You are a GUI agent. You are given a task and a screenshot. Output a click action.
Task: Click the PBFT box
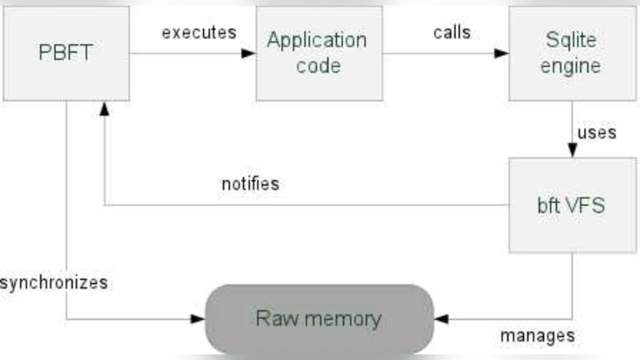(66, 53)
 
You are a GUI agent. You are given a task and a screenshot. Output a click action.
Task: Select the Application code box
(318, 53)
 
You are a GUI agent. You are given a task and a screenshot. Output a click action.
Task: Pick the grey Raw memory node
(318, 319)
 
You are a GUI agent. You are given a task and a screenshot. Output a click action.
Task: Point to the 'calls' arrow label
(452, 33)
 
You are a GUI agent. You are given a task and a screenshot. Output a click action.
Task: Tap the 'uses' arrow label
(596, 132)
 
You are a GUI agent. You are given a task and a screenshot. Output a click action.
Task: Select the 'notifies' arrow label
(250, 183)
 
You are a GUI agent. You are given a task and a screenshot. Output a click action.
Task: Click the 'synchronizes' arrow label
(54, 282)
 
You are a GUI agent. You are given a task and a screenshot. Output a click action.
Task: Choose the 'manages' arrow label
(538, 335)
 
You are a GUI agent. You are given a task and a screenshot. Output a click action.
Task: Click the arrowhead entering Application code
(249, 54)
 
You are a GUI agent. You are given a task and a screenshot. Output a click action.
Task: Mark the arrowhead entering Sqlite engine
(502, 54)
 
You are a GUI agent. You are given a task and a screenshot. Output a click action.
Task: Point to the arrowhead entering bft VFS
(572, 150)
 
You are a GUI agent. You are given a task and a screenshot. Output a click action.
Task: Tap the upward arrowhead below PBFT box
(105, 108)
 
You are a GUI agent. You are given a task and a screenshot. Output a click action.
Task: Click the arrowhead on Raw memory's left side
(198, 319)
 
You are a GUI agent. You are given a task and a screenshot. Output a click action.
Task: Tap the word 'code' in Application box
(318, 65)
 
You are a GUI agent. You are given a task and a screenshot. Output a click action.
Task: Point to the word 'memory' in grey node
(343, 319)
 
